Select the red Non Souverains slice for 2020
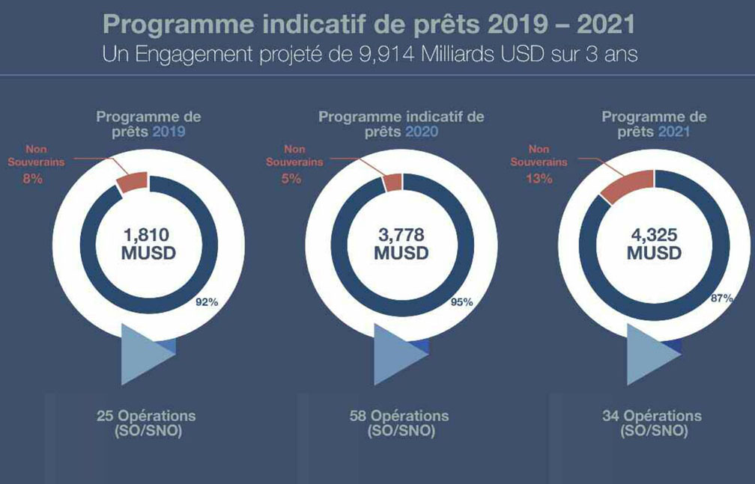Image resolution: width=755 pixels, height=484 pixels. [392, 183]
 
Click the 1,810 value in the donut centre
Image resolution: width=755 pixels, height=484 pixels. [147, 235]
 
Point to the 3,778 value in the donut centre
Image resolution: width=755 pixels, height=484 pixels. [401, 235]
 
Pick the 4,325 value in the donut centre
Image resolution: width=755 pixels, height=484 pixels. [654, 235]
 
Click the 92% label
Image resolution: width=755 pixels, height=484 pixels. [207, 302]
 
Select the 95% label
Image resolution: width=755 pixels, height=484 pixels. [461, 302]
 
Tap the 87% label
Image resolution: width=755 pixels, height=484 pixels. [722, 298]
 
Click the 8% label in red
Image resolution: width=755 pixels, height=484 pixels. [33, 179]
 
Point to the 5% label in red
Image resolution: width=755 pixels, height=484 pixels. [291, 179]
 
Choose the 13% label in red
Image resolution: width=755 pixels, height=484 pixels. [539, 179]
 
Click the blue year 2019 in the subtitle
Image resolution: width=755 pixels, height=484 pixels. [169, 132]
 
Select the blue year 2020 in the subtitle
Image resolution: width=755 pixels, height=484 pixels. [422, 132]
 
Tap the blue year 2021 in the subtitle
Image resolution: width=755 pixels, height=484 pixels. [674, 132]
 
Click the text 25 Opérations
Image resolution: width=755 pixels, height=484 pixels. [146, 416]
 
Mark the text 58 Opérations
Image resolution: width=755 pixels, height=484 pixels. [399, 416]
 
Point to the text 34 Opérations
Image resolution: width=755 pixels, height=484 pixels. [652, 416]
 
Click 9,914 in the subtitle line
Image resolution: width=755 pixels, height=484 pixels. [386, 55]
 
